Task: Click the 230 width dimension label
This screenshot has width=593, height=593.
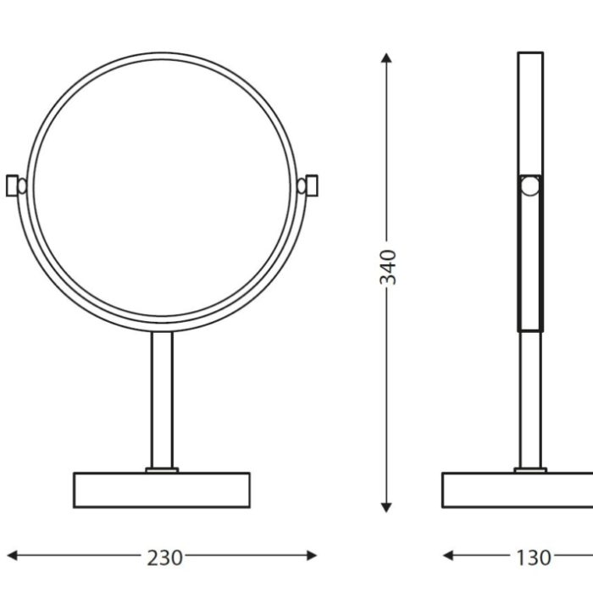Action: coord(164,557)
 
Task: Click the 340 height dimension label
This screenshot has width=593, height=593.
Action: coord(388,267)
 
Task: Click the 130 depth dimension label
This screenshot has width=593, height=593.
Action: coord(533,557)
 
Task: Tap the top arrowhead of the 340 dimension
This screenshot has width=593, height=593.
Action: coord(386,58)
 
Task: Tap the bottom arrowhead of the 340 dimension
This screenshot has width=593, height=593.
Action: coord(386,507)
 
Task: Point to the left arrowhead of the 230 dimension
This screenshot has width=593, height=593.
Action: coord(12,556)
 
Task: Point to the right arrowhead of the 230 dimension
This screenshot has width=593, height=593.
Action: coord(312,556)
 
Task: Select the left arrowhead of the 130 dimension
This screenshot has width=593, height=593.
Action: coord(448,556)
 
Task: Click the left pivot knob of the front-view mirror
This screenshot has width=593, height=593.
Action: coord(17,186)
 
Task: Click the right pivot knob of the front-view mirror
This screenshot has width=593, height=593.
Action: coord(308,186)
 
